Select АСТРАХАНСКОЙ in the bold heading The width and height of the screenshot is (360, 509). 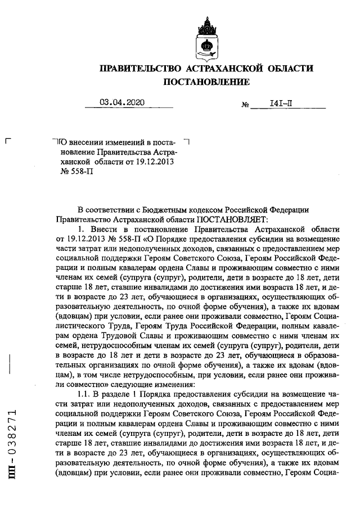pos(223,69)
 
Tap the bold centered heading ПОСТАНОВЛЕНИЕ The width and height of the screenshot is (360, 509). pos(206,83)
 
